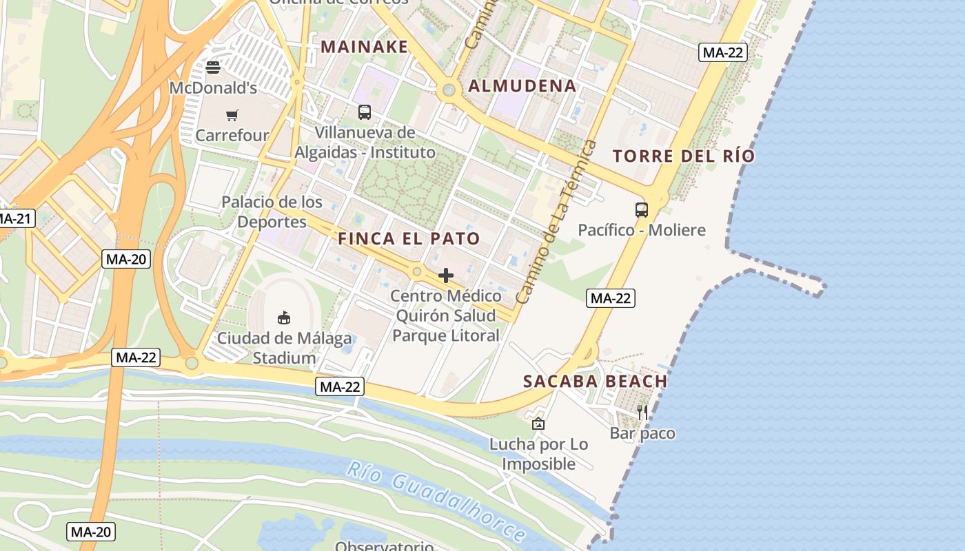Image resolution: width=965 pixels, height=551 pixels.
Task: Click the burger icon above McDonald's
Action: coord(213,67)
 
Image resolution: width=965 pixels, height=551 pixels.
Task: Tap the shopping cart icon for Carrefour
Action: coord(232,115)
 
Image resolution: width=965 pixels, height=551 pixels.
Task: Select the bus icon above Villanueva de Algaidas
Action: coord(365,112)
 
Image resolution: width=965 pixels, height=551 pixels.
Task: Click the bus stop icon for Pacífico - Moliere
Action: coord(642,210)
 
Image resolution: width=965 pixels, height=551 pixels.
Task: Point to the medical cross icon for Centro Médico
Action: coord(446,275)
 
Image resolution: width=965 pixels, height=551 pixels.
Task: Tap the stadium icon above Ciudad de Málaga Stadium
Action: coord(283,318)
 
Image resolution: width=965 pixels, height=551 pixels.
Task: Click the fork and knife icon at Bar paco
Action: coord(642,413)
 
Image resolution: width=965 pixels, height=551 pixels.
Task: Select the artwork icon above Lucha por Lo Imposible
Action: coord(538,424)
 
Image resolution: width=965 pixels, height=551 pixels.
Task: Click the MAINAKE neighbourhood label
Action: coord(365,47)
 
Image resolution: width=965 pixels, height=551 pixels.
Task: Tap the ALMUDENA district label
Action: coord(522,86)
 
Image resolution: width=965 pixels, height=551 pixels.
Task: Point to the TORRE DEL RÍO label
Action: coord(684,156)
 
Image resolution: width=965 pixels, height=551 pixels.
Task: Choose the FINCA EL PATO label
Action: coord(409,239)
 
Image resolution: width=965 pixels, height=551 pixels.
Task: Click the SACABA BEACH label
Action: coord(596,382)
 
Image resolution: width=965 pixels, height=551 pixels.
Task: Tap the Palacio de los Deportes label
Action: coord(272,211)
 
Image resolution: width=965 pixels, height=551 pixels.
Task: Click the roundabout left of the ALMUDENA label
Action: coord(449,90)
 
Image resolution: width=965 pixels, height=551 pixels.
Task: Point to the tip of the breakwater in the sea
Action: coord(820,286)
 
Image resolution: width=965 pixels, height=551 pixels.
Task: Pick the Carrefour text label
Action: coord(232,136)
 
